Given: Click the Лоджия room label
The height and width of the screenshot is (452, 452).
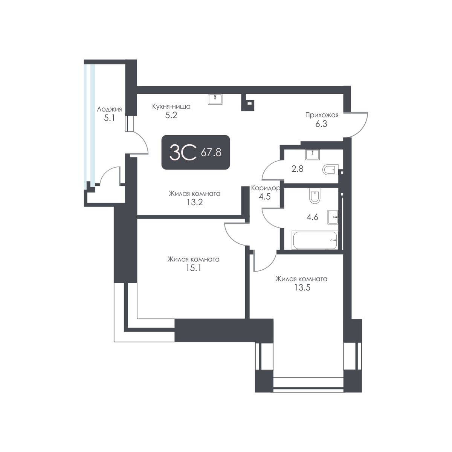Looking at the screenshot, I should pyautogui.click(x=109, y=110).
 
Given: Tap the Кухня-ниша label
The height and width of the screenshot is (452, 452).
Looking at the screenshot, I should pyautogui.click(x=171, y=107).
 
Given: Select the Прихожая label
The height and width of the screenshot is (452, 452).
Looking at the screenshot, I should pyautogui.click(x=322, y=115).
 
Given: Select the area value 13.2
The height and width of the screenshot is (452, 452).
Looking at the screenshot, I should pyautogui.click(x=194, y=202).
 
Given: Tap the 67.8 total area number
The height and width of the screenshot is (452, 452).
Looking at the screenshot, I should pyautogui.click(x=211, y=153).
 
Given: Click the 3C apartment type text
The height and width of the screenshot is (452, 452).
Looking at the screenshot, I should pyautogui.click(x=183, y=153).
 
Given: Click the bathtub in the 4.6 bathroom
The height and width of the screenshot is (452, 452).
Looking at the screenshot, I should pyautogui.click(x=315, y=240).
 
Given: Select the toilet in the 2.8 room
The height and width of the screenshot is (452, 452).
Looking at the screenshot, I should pyautogui.click(x=331, y=170).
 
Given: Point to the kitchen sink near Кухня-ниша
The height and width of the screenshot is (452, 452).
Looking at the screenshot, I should pyautogui.click(x=215, y=99).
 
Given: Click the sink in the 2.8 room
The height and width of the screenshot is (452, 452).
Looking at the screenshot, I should pyautogui.click(x=312, y=154).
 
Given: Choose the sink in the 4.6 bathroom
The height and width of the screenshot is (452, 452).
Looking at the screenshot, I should pyautogui.click(x=333, y=216).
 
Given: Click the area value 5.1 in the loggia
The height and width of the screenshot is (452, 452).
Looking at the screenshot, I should pyautogui.click(x=109, y=118).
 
